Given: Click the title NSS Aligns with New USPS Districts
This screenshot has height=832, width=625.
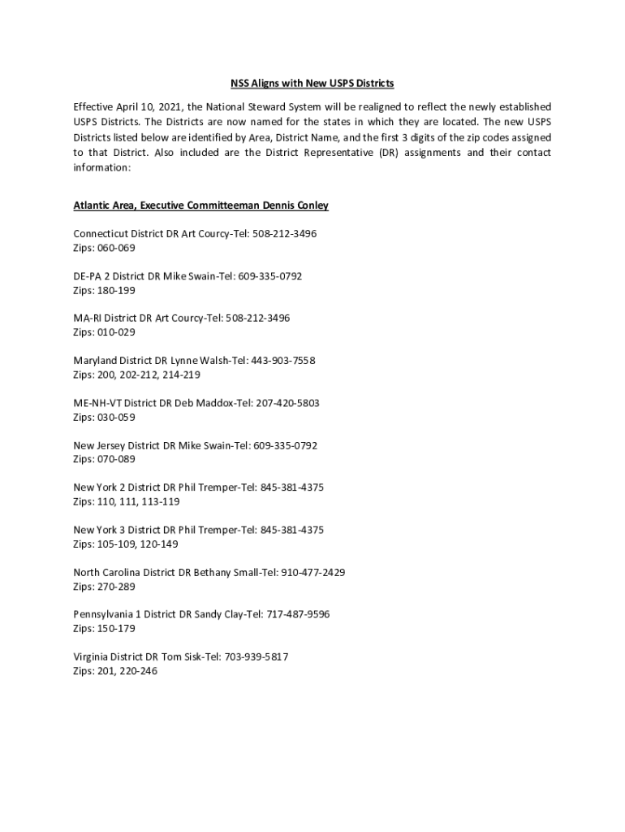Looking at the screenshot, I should pos(312,84).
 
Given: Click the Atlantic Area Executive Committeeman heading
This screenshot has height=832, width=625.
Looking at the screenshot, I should pos(200,206).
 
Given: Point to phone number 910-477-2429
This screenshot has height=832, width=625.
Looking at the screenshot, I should pos(312,572).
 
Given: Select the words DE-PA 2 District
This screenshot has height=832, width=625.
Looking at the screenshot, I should pos(109,276).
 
